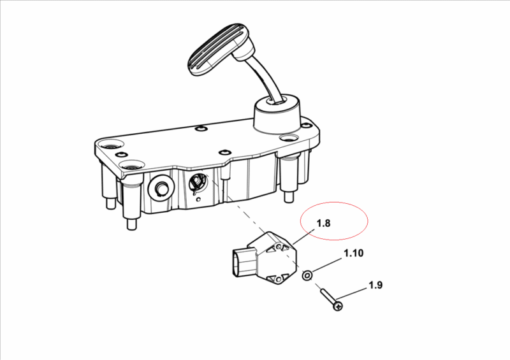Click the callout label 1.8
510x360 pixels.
point(323,223)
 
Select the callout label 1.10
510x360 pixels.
point(354,253)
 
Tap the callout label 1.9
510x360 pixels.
point(375,285)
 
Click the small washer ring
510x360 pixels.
point(307,275)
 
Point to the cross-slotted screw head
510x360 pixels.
point(339,306)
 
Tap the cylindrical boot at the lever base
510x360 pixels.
point(277,115)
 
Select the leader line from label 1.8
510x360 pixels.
point(304,236)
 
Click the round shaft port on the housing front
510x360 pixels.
point(161,188)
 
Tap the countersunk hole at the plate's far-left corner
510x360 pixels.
point(111,144)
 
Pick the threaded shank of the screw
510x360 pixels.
point(328,296)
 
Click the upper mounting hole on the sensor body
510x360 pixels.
point(279,247)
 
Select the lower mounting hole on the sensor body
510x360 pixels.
point(279,279)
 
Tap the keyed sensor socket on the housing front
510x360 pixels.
point(198,182)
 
